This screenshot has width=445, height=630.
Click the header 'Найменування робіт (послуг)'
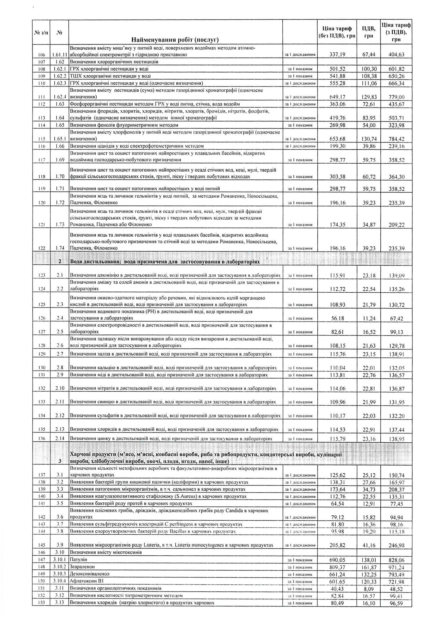pyautogui.click(x=175, y=40)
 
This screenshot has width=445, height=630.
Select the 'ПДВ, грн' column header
pyautogui.click(x=369, y=32)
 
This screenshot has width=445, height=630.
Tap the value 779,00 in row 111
pyautogui.click(x=397, y=97)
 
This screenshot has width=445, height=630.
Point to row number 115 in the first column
pyautogui.click(x=41, y=139)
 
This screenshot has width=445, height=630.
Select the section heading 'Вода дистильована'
pyautogui.click(x=164, y=261)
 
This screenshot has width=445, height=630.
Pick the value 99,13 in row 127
pyautogui.click(x=397, y=332)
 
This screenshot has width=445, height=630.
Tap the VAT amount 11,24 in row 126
pyautogui.click(x=369, y=318)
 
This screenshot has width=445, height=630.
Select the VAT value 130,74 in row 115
pyautogui.click(x=369, y=139)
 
